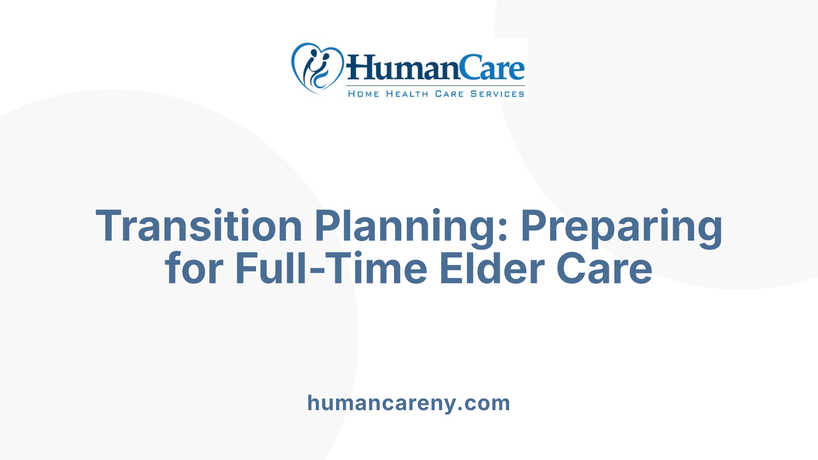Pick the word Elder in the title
tap(492, 268)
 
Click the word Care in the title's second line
tap(605, 268)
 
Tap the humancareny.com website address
tap(409, 403)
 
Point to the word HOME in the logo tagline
tap(363, 94)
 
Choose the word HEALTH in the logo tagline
tap(407, 94)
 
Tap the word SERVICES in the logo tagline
tap(497, 94)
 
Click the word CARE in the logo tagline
tap(449, 94)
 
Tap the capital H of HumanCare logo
tap(360, 68)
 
